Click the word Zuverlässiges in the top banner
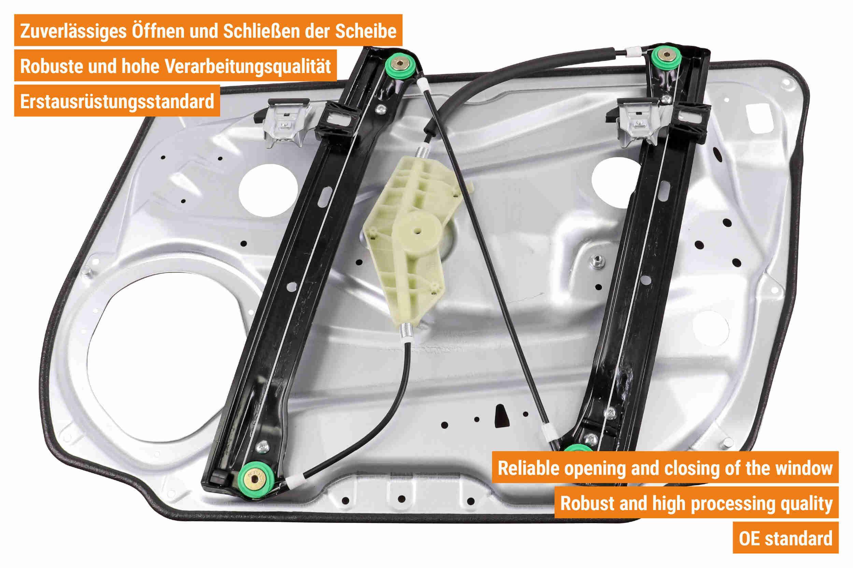(x=73, y=31)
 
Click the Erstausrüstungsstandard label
(x=117, y=101)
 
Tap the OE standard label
(x=785, y=538)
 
